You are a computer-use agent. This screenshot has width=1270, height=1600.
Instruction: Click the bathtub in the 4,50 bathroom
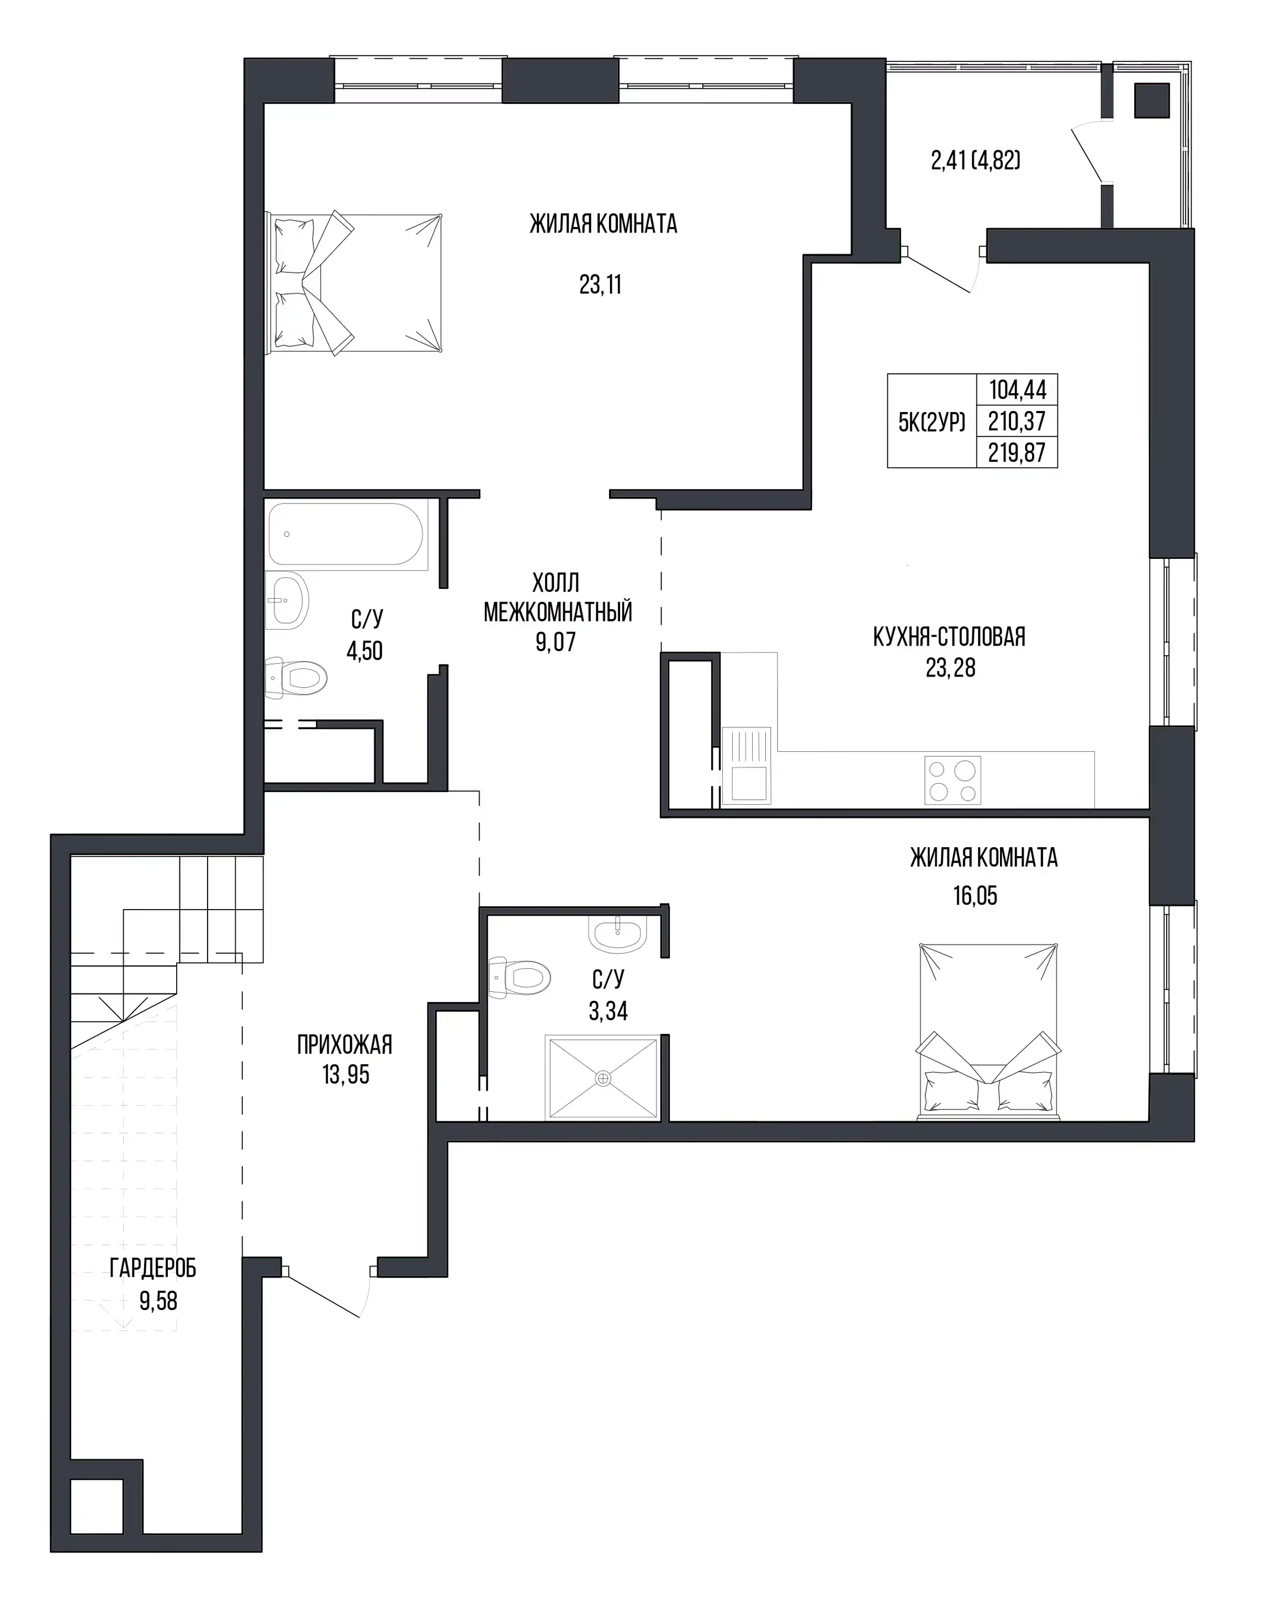(x=346, y=534)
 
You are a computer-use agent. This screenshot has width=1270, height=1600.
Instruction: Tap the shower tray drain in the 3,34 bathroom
(x=603, y=1078)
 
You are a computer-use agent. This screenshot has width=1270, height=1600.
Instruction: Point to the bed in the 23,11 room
(x=354, y=283)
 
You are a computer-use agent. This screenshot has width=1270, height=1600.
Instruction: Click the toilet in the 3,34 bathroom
(x=519, y=976)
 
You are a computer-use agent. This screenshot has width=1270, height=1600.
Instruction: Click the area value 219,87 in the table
(x=1017, y=452)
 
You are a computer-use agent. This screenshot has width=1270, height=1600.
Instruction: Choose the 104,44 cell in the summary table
(x=1017, y=389)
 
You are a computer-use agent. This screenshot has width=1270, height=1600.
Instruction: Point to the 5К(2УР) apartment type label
(x=932, y=421)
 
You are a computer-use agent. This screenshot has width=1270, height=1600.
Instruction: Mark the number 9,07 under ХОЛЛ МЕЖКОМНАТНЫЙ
(x=555, y=641)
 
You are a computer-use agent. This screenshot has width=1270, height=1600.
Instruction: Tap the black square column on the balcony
(x=1152, y=100)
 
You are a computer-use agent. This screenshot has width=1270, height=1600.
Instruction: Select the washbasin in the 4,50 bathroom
(x=287, y=600)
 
